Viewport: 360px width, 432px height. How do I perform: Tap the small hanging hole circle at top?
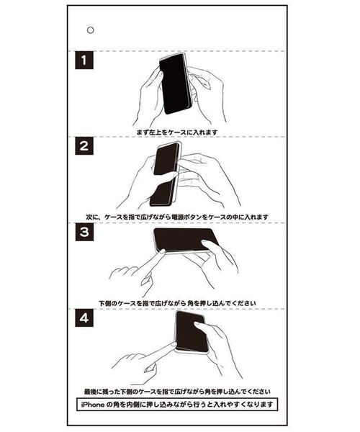90,30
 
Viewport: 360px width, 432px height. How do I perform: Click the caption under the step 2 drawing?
179,216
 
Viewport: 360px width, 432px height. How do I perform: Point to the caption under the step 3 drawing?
179,302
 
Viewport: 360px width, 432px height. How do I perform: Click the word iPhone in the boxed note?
96,405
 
